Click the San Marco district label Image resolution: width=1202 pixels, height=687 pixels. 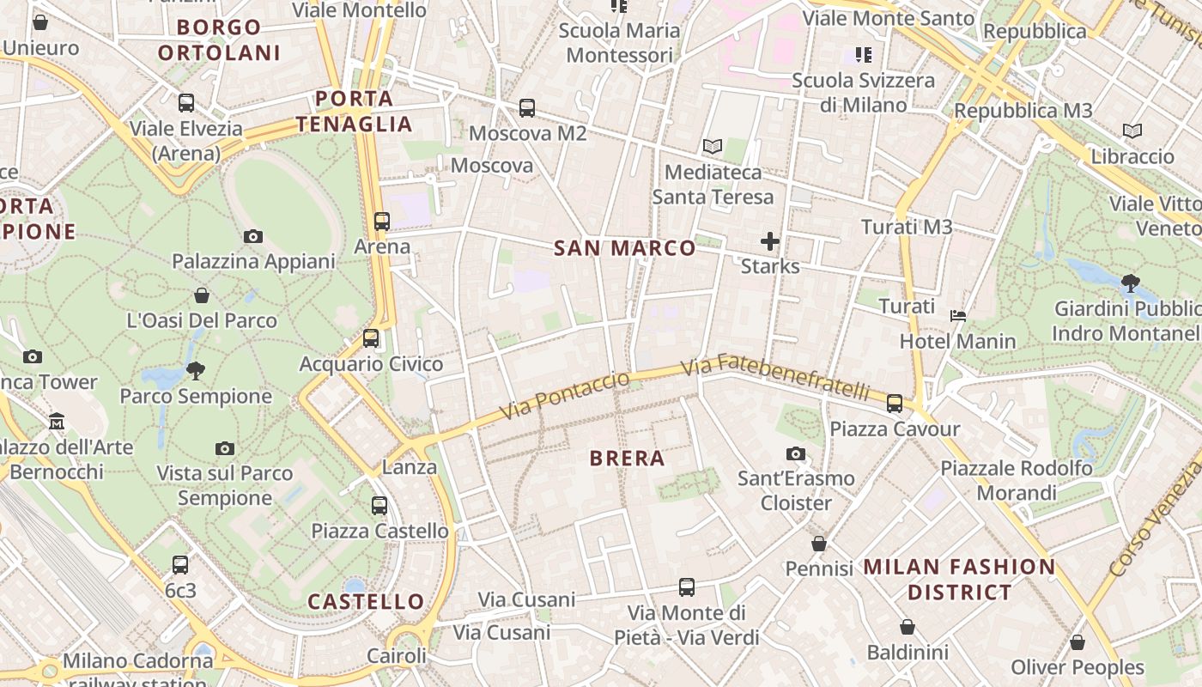pos(624,248)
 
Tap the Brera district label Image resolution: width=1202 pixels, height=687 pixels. pos(628,458)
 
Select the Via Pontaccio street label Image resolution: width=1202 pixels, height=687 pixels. pos(565,395)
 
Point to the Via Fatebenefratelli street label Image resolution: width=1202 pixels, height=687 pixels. pos(776,378)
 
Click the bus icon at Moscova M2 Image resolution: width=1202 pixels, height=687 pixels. pos(527,108)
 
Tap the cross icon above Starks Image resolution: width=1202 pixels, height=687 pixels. pos(770,241)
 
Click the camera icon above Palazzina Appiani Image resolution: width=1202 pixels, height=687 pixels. pos(252,236)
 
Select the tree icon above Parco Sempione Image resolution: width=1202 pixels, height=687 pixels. pos(196,371)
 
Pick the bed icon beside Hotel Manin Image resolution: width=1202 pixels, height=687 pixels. pos(958,316)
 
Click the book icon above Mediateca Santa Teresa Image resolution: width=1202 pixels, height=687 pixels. pos(713,146)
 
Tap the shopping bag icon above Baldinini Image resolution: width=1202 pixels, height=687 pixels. pos(908,628)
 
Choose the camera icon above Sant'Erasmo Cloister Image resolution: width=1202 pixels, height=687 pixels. pos(796,453)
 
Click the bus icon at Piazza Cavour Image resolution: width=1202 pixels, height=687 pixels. pos(895,403)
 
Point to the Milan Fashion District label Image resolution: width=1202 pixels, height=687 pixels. pos(959,579)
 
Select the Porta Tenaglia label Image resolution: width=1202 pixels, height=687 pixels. pos(355,111)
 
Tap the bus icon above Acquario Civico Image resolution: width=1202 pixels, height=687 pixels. pos(371,338)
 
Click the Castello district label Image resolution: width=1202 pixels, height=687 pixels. pos(366,601)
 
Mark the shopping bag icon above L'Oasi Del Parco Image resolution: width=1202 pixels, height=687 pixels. pos(202,295)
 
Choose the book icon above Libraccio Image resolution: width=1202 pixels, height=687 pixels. pos(1132,131)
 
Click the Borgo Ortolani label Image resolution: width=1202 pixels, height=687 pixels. pos(219,40)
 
